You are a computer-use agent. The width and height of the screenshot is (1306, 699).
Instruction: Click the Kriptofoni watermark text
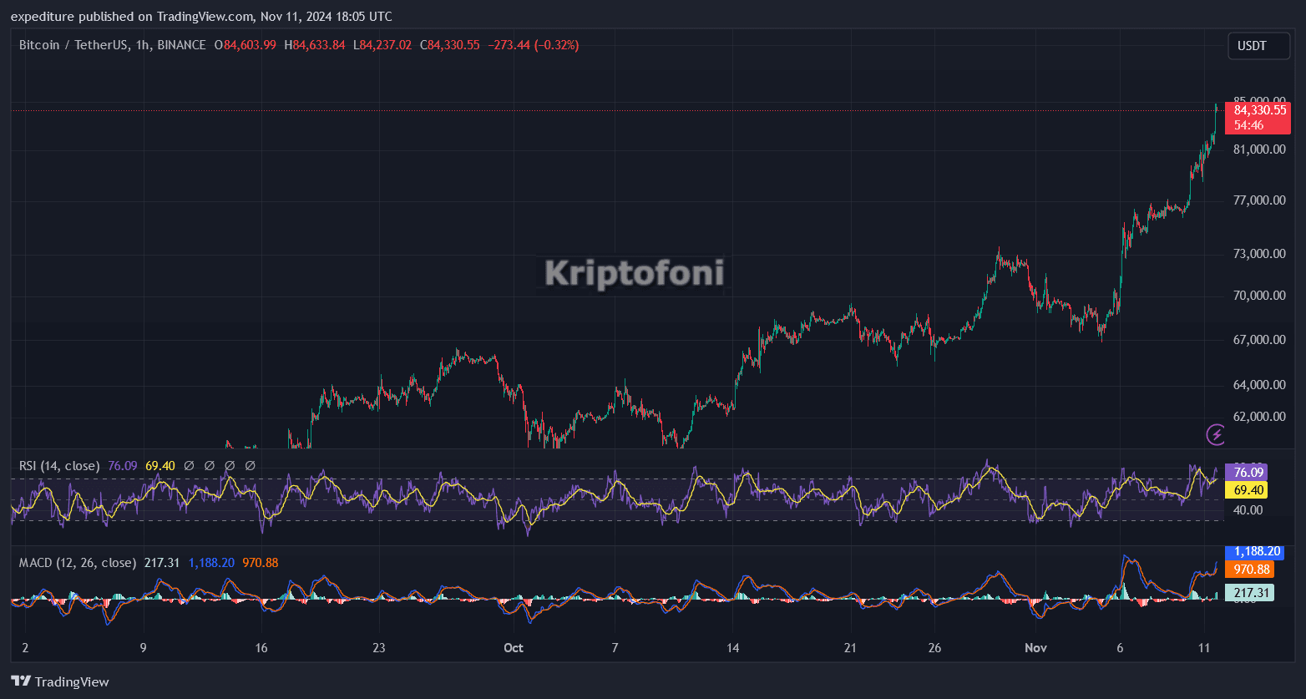point(635,273)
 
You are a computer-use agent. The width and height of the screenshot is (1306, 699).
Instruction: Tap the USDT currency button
point(1258,46)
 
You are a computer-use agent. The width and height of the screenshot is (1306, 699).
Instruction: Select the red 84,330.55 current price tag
point(1257,110)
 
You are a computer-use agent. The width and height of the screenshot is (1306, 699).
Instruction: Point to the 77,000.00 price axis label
point(1259,200)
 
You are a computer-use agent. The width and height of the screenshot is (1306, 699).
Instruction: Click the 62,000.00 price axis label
point(1259,416)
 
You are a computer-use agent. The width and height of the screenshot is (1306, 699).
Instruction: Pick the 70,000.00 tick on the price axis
point(1259,296)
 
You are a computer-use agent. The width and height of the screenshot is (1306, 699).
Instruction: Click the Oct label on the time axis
point(514,648)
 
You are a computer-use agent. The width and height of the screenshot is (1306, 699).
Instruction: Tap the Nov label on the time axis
point(1035,648)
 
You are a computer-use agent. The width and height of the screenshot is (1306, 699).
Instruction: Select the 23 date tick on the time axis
point(378,648)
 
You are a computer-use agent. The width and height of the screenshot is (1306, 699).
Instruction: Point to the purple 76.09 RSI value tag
point(1245,472)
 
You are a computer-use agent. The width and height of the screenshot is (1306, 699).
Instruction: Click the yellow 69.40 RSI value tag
point(1245,490)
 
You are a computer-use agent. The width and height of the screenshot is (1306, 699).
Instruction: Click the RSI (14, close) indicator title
point(59,466)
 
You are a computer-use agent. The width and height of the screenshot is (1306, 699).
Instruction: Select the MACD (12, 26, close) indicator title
point(78,563)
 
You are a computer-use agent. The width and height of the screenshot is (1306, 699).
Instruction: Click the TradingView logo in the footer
point(60,681)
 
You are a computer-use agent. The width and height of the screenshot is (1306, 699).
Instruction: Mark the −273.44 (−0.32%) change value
point(533,45)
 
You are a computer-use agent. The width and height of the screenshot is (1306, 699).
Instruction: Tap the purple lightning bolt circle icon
point(1216,434)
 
